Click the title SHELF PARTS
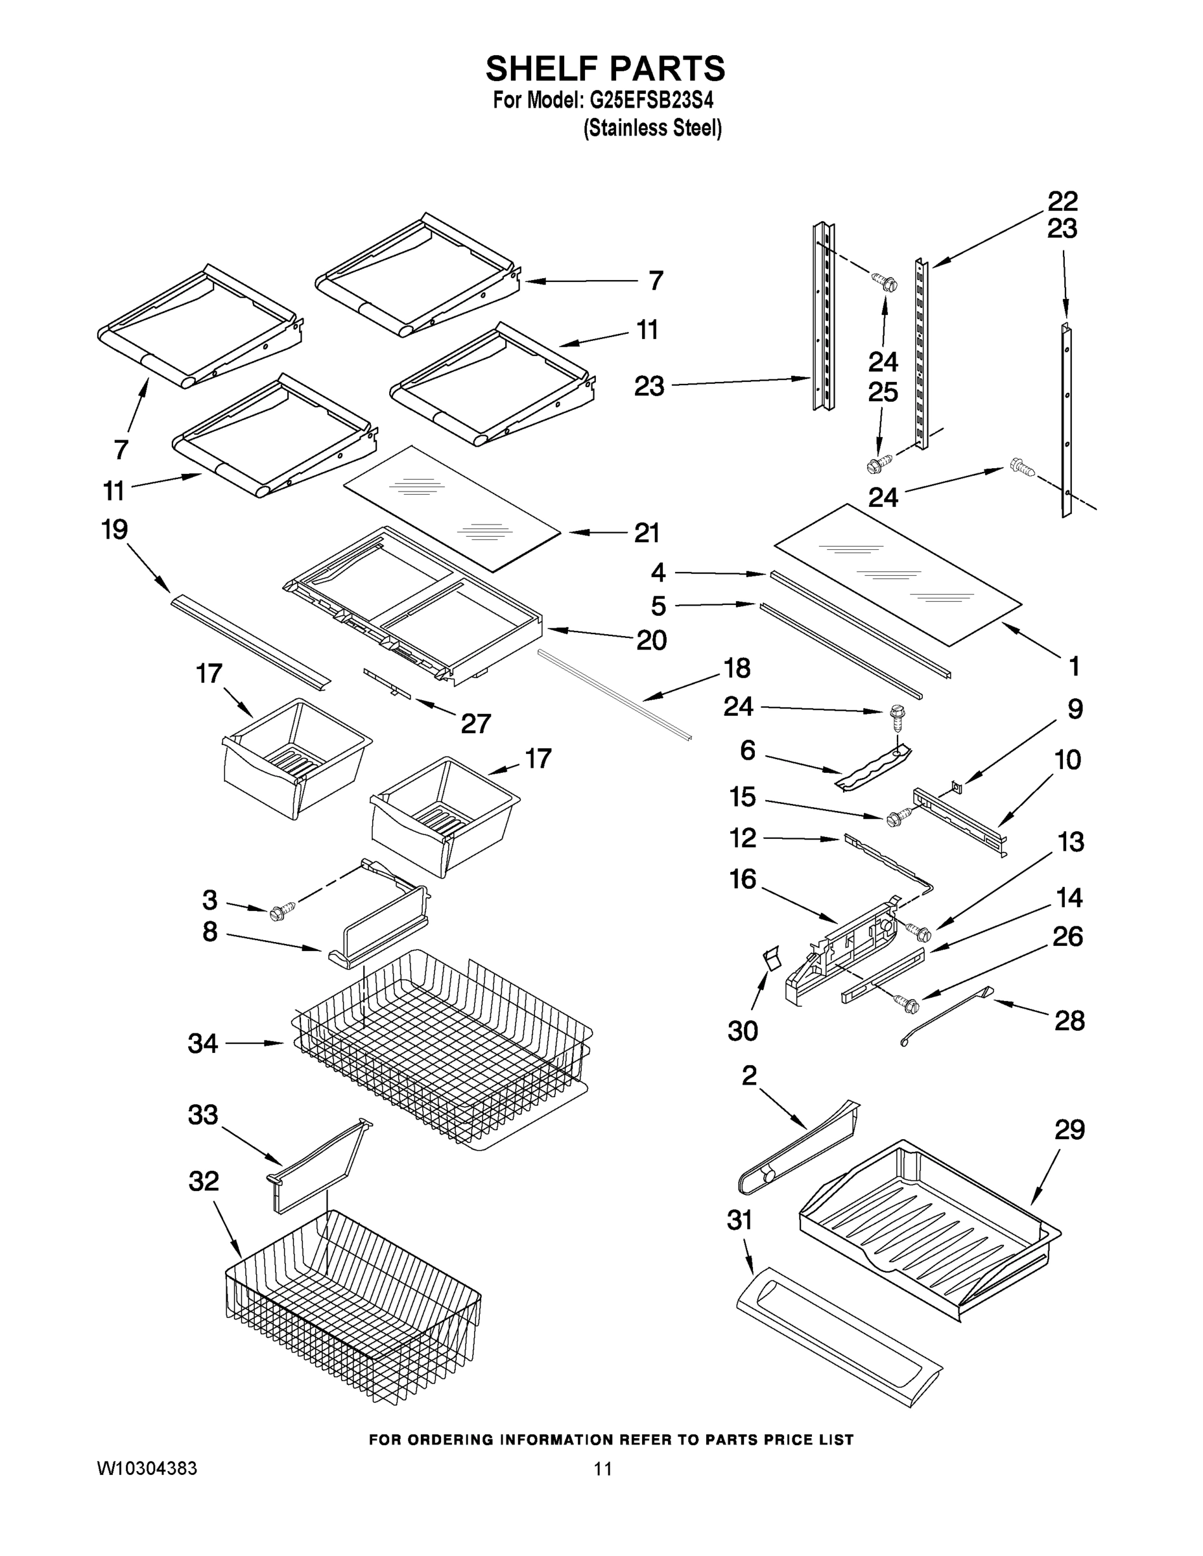coord(605,69)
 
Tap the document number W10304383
coord(147,1468)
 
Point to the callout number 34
coord(202,1044)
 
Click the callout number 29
coord(1069,1129)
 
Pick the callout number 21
coord(647,533)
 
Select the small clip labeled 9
coord(957,786)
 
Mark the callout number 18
coord(736,668)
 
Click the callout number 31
coord(739,1220)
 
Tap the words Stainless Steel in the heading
coord(652,128)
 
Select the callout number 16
coord(743,879)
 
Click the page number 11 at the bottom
coord(603,1468)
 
